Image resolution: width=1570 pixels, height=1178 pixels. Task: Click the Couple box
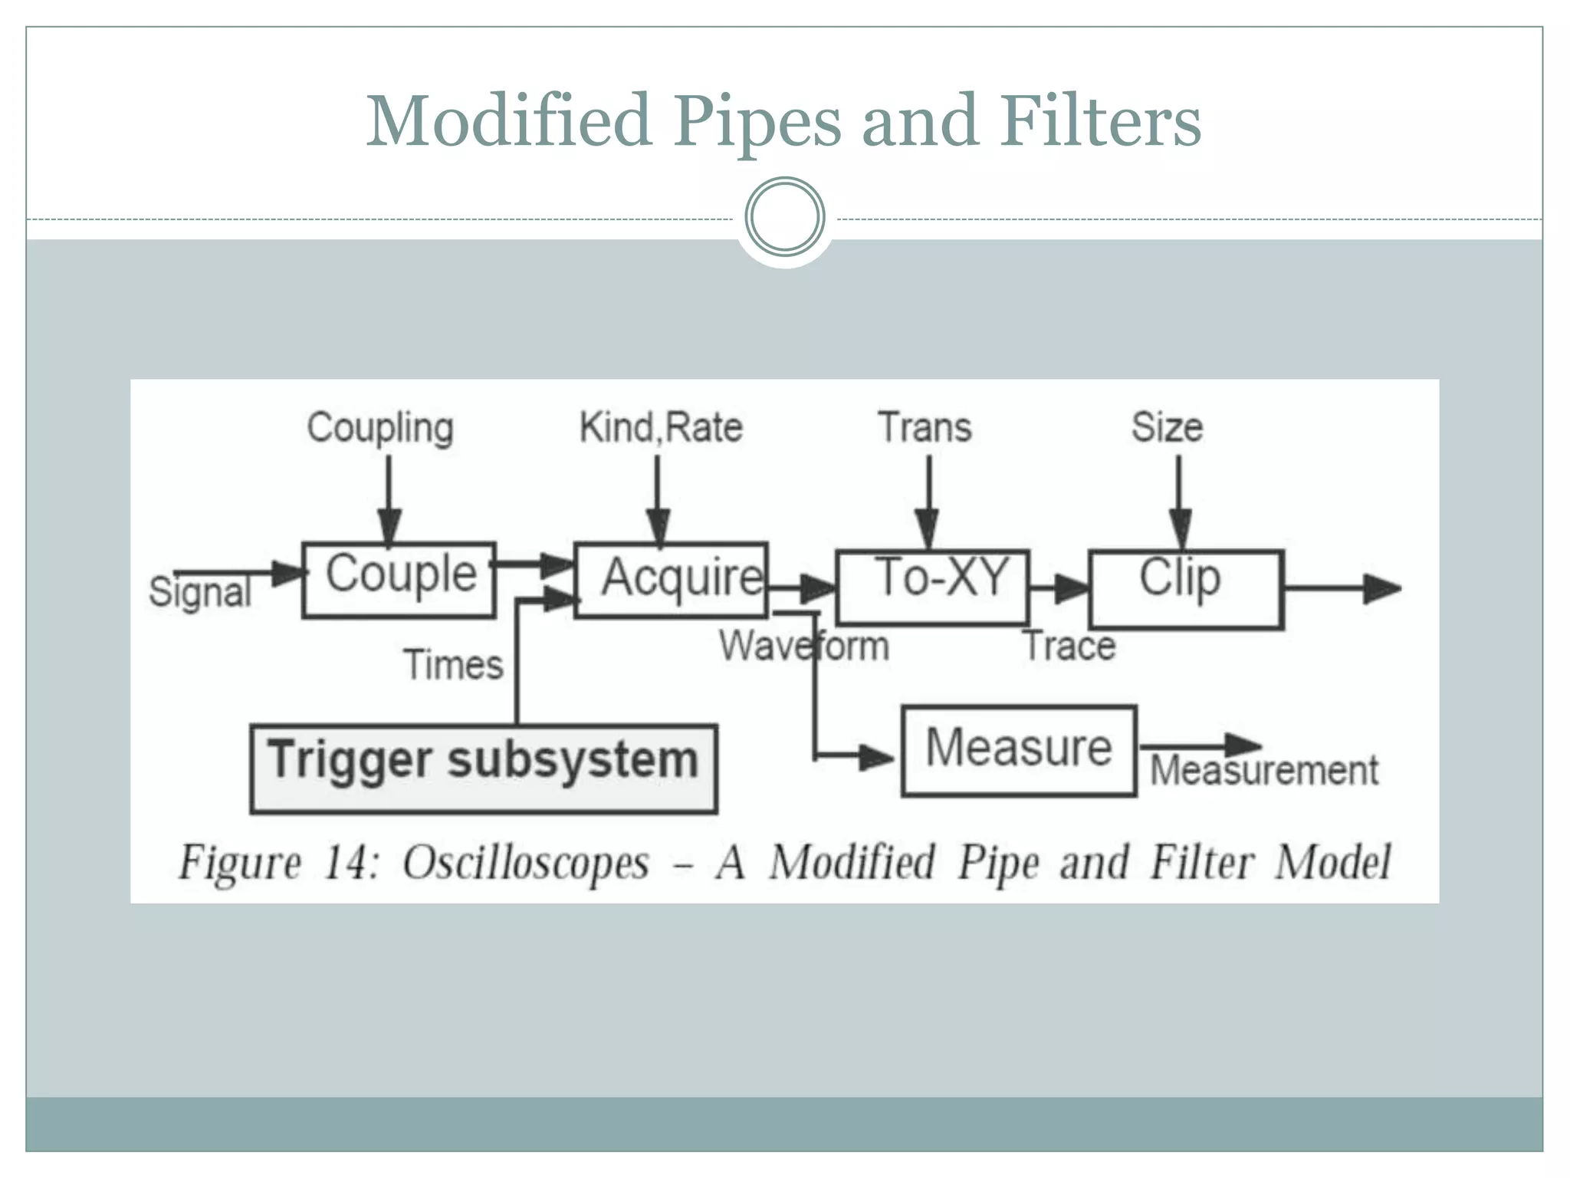click(399, 579)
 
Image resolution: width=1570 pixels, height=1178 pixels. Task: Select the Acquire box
click(672, 580)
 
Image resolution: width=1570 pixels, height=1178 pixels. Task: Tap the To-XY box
click(932, 587)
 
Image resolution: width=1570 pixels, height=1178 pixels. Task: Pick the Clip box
click(1186, 589)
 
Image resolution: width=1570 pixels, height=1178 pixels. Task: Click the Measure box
click(1019, 750)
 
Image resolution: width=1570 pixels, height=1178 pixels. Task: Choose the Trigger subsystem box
click(484, 768)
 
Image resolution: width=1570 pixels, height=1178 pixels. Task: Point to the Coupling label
click(380, 428)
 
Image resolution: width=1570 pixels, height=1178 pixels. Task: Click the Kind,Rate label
click(661, 427)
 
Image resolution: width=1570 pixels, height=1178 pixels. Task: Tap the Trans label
click(925, 427)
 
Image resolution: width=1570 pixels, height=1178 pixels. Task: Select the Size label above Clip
click(1167, 427)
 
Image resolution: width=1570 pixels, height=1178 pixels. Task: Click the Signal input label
click(200, 593)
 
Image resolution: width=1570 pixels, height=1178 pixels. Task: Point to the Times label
click(453, 664)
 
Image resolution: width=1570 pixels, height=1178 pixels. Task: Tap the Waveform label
click(803, 646)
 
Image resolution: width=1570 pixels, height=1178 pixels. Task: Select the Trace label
click(1070, 646)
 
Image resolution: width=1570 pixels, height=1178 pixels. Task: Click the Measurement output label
click(1264, 770)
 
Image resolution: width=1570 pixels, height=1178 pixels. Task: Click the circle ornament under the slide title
click(785, 217)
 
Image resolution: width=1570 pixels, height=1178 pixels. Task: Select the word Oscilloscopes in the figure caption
click(526, 863)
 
